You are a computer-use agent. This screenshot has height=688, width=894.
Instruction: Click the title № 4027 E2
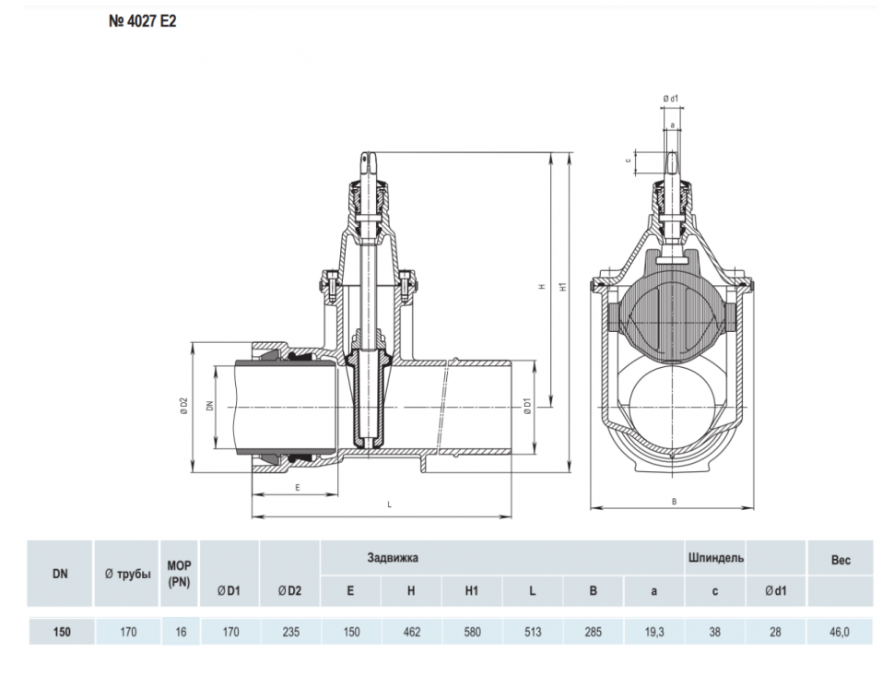point(143,22)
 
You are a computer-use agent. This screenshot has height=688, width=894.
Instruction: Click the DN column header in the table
point(60,574)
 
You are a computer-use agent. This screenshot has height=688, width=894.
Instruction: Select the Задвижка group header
point(393,557)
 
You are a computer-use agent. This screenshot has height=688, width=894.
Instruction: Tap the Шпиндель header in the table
point(715,558)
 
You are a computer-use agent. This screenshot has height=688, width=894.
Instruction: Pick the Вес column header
point(841,560)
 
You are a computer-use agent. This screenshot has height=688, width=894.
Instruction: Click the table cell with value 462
point(412,632)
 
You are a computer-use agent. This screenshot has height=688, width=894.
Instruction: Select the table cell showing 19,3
point(654,632)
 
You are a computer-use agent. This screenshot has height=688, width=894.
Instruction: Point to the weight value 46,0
point(840,632)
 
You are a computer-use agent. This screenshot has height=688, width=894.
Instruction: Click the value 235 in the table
point(290,632)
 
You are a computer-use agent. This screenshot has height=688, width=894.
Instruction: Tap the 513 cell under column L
point(533,632)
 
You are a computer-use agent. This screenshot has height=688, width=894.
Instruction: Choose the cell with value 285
point(593,632)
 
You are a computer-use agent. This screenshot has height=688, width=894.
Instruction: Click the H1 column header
point(472,591)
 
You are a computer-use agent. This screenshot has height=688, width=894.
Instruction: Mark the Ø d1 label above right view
point(671,99)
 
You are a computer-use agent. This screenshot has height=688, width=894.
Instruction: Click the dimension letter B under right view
point(674,502)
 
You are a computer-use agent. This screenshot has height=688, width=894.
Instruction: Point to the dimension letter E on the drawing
point(298,488)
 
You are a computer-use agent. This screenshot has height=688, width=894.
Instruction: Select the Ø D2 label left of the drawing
point(183,406)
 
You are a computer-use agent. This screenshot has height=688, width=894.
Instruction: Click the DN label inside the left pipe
point(210,406)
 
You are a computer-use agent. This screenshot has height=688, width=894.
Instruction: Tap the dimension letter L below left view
point(390,504)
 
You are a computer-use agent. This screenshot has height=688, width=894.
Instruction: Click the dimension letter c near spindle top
point(629,160)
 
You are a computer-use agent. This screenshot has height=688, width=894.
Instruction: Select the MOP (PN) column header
point(179,574)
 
